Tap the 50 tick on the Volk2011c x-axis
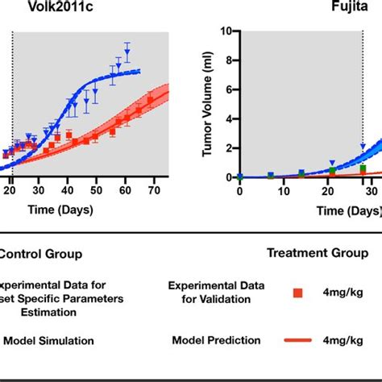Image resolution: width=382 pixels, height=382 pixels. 97,190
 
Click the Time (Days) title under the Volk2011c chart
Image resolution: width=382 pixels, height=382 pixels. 63,210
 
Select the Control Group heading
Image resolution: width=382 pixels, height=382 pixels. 40,254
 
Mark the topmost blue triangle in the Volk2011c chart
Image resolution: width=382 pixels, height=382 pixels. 127,47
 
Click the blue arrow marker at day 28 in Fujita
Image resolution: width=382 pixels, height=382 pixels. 363,147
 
